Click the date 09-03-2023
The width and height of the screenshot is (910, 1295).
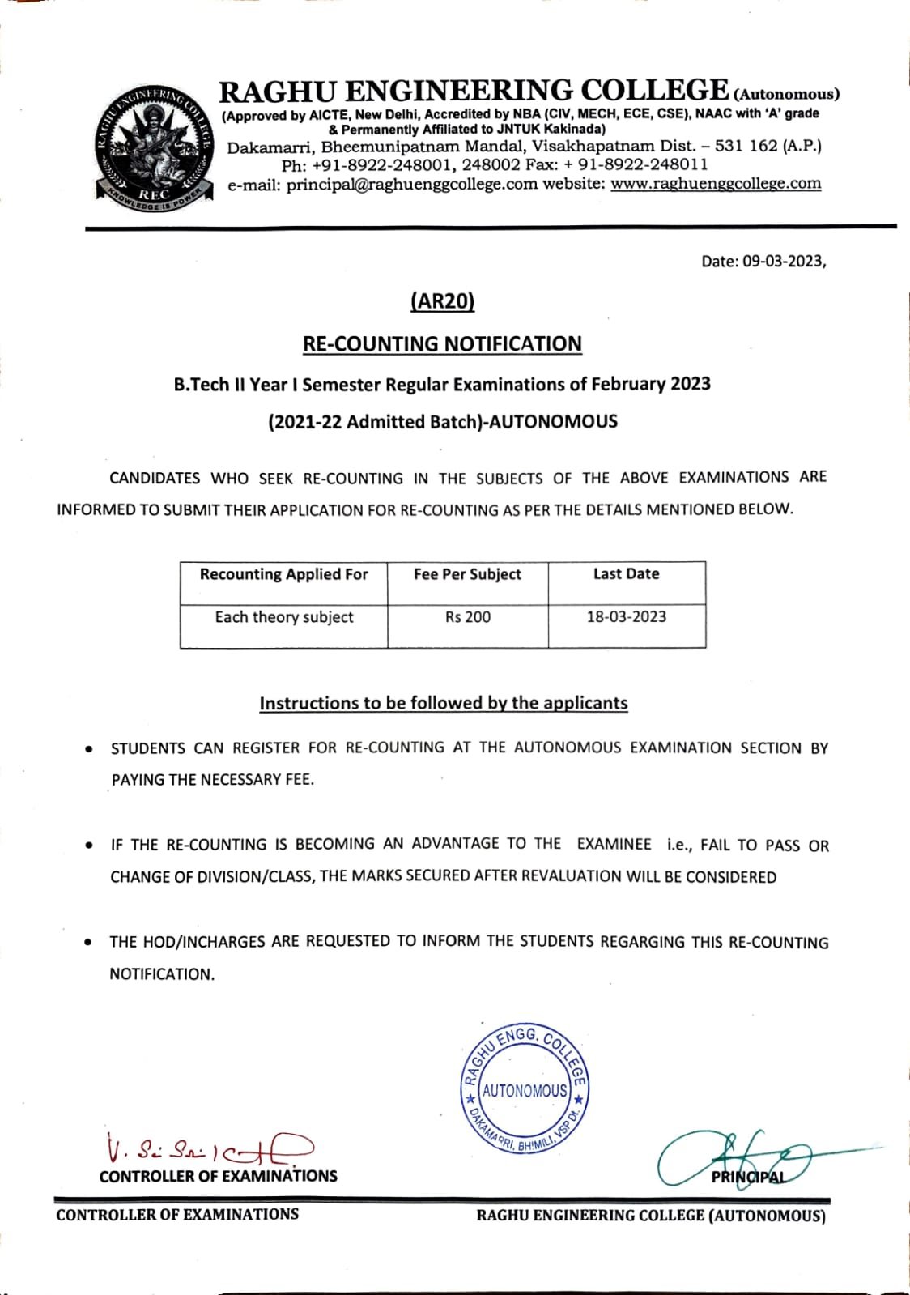pyautogui.click(x=783, y=262)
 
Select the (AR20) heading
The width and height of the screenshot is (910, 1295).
pyautogui.click(x=442, y=301)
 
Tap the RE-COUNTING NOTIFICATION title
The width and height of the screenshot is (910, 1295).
pyautogui.click(x=442, y=344)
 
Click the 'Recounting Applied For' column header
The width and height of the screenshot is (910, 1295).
pyautogui.click(x=283, y=574)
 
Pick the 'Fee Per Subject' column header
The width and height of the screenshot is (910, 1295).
pyautogui.click(x=467, y=574)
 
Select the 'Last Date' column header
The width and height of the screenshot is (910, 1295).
pyautogui.click(x=626, y=573)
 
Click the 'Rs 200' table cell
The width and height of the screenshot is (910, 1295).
pyautogui.click(x=468, y=617)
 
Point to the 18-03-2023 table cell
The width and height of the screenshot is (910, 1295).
pyautogui.click(x=627, y=616)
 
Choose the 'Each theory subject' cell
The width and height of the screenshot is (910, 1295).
pyautogui.click(x=284, y=617)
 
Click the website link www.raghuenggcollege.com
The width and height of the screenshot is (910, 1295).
pyautogui.click(x=716, y=184)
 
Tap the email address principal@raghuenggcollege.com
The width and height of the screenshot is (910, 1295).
pyautogui.click(x=412, y=185)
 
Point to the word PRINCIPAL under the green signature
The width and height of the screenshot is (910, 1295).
pyautogui.click(x=749, y=1177)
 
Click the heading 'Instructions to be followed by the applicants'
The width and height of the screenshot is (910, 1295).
pyautogui.click(x=444, y=703)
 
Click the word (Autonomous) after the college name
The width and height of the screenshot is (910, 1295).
pyautogui.click(x=786, y=94)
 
